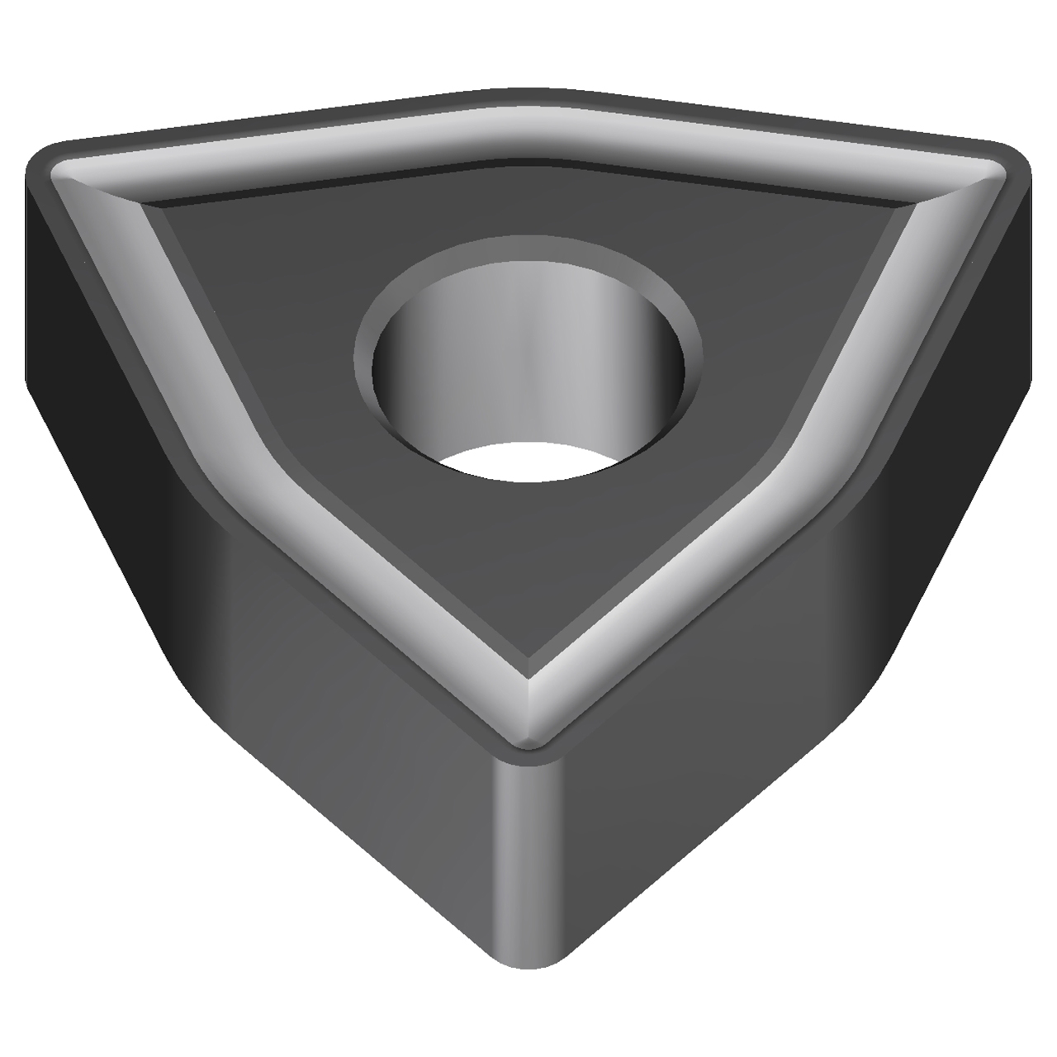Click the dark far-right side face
pyautogui.click(x=974, y=372)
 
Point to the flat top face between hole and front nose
pyautogui.click(x=528, y=578)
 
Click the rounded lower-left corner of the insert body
pyautogui.click(x=190, y=677)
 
